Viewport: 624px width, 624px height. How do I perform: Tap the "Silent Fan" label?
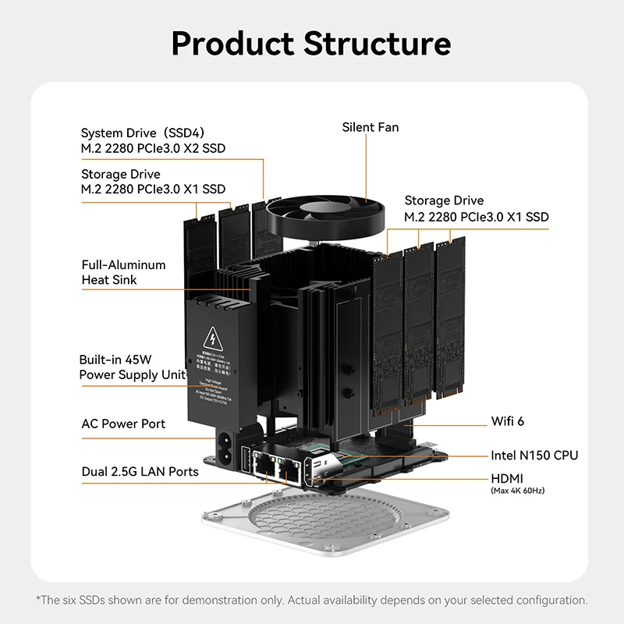pyautogui.click(x=370, y=127)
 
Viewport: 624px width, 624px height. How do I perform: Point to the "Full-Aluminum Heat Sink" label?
pyautogui.click(x=123, y=272)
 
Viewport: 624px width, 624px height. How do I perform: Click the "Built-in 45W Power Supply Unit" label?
pyautogui.click(x=132, y=367)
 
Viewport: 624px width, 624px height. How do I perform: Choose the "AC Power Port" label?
pyautogui.click(x=123, y=424)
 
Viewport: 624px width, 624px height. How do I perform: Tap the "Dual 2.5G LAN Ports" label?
pyautogui.click(x=140, y=472)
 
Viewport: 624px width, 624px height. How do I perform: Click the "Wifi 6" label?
pyautogui.click(x=507, y=421)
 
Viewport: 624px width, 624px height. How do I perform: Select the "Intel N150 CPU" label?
pyautogui.click(x=534, y=455)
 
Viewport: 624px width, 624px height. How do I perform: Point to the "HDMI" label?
pyautogui.click(x=507, y=478)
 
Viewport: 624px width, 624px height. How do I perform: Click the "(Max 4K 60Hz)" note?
pyautogui.click(x=517, y=491)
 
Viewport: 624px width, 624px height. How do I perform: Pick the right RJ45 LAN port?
pyautogui.click(x=291, y=469)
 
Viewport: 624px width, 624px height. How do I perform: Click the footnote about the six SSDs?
pyautogui.click(x=312, y=600)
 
